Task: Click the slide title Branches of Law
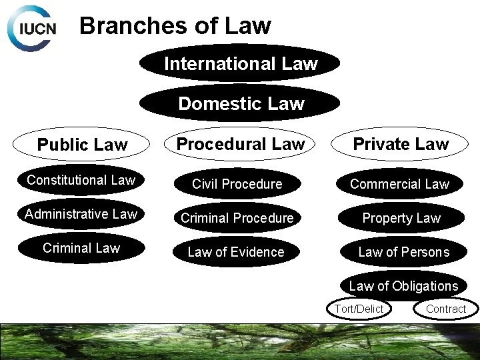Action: pyautogui.click(x=175, y=26)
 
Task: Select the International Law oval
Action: pyautogui.click(x=240, y=63)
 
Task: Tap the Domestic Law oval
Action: pyautogui.click(x=240, y=104)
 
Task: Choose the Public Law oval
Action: pyautogui.click(x=82, y=145)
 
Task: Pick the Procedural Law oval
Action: pyautogui.click(x=240, y=143)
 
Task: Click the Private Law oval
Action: pyautogui.click(x=401, y=143)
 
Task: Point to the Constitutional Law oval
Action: pyautogui.click(x=81, y=180)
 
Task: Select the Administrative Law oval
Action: pyautogui.click(x=81, y=214)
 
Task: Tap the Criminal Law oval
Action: pyautogui.click(x=81, y=248)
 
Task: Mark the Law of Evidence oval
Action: pyautogui.click(x=235, y=252)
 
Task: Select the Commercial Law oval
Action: pyautogui.click(x=401, y=184)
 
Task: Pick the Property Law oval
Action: pyautogui.click(x=401, y=218)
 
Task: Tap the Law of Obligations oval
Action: pyautogui.click(x=403, y=286)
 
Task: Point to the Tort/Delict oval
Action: pyautogui.click(x=359, y=309)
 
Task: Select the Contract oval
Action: pyautogui.click(x=445, y=309)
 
